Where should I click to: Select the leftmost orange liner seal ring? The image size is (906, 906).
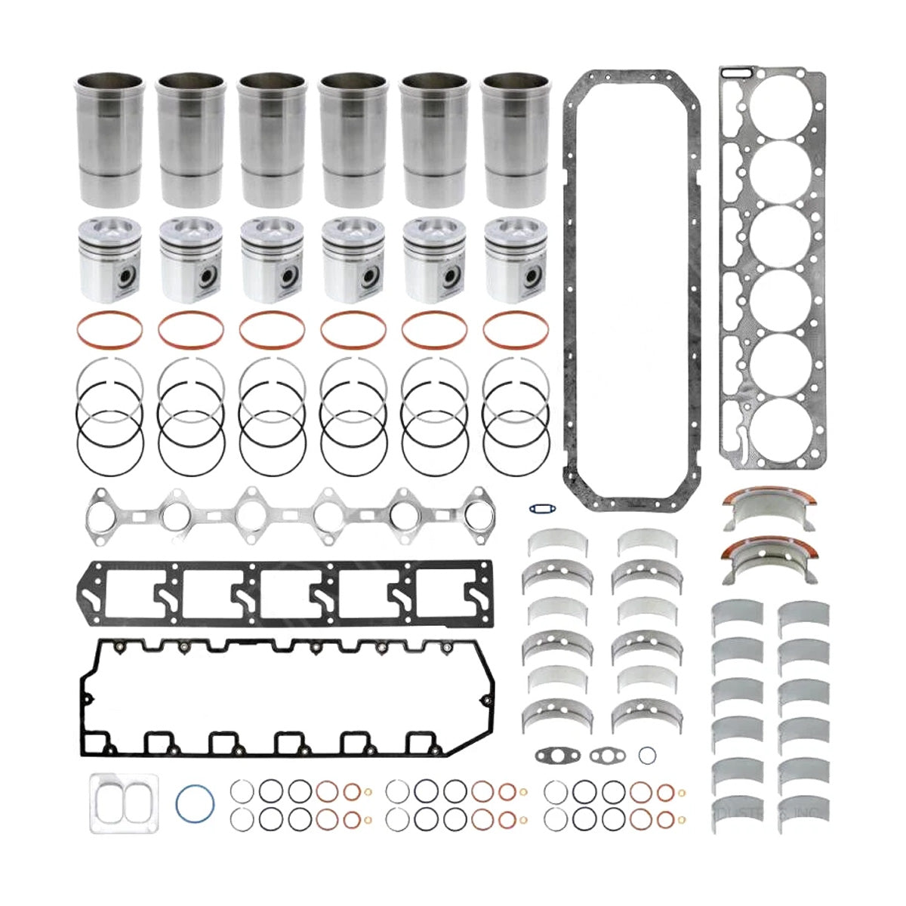pyautogui.click(x=110, y=329)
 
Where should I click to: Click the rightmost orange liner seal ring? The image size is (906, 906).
pyautogui.click(x=516, y=329)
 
